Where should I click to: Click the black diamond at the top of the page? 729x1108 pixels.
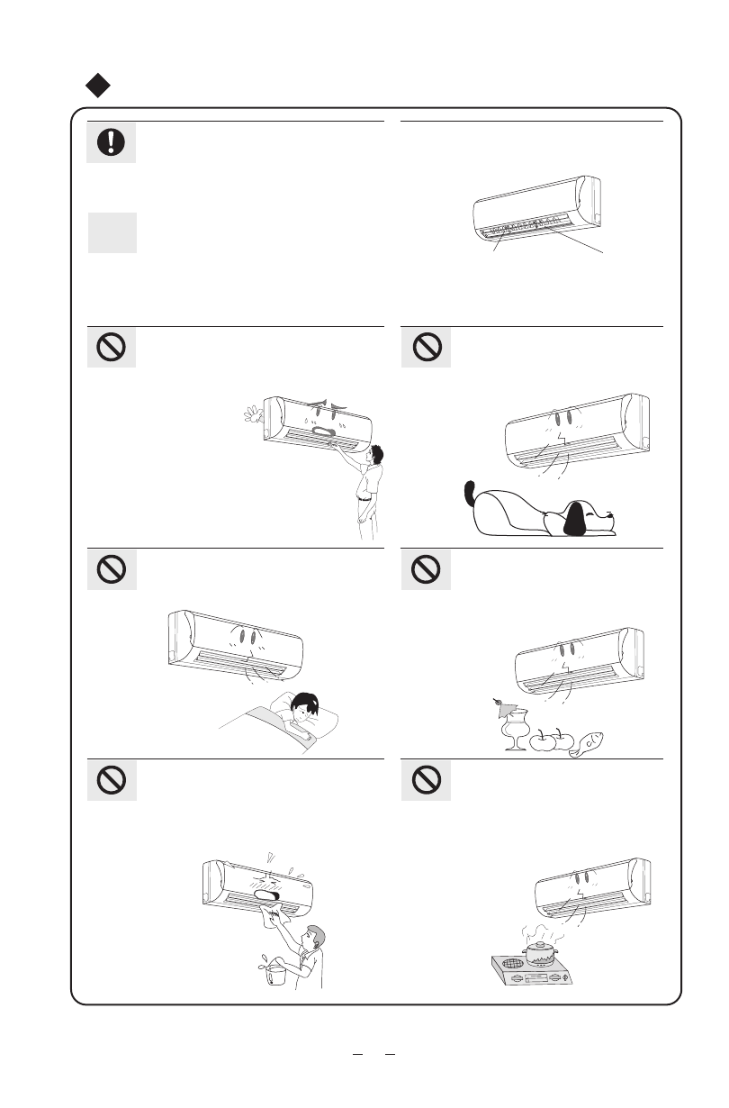[x=98, y=86]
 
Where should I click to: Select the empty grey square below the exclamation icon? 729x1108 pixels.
[x=112, y=232]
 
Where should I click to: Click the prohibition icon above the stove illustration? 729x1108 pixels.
[x=426, y=780]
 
